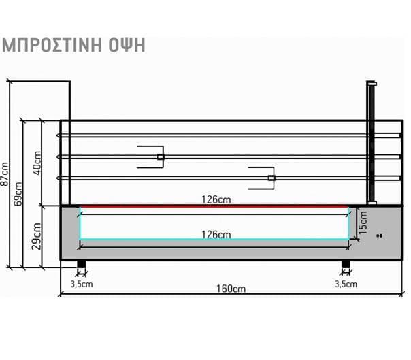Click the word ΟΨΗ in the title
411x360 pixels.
pos(127,46)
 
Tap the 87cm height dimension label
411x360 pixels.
pos(5,174)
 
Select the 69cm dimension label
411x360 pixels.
pos(18,194)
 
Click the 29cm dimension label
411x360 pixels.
pos(37,235)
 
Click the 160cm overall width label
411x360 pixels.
pos(230,289)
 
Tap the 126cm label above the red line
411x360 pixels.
pos(214,199)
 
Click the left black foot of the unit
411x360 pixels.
pos(82,264)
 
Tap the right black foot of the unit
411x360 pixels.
pos(346,264)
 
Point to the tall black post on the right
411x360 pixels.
pos(372,143)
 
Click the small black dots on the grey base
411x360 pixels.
pos(380,235)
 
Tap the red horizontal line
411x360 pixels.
pos(214,206)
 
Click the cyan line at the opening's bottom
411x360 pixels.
pos(214,240)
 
